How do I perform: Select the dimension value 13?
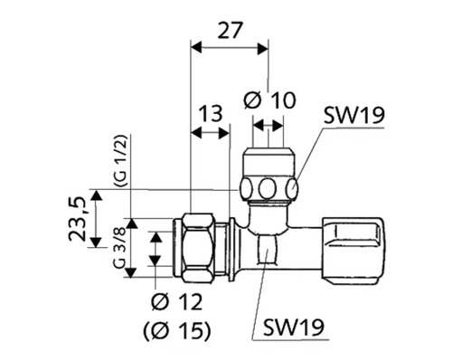[x=211, y=113]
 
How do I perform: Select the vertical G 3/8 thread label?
[x=118, y=255]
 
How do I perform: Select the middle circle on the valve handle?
[x=268, y=189]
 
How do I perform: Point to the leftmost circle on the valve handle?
[x=248, y=189]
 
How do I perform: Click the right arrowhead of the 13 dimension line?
[x=225, y=133]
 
